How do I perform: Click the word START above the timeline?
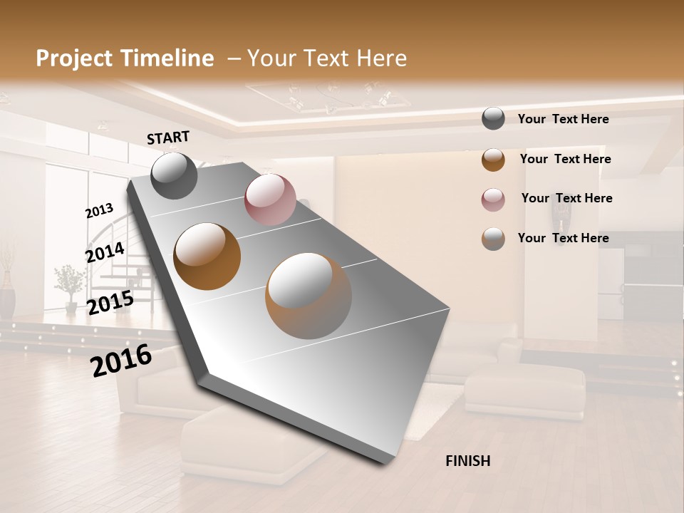pyautogui.click(x=168, y=138)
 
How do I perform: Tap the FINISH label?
pyautogui.click(x=467, y=461)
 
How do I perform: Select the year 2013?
pyautogui.click(x=99, y=211)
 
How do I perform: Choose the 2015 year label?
pyautogui.click(x=110, y=303)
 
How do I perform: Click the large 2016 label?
pyautogui.click(x=121, y=361)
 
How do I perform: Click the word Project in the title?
pyautogui.click(x=75, y=58)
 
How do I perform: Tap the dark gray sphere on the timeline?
pyautogui.click(x=174, y=176)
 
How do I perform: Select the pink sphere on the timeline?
pyautogui.click(x=270, y=199)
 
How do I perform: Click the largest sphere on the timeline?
pyautogui.click(x=309, y=296)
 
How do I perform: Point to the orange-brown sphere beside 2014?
pyautogui.click(x=207, y=256)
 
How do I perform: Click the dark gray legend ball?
pyautogui.click(x=493, y=119)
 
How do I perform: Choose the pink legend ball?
pyautogui.click(x=493, y=199)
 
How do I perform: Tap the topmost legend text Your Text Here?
pyautogui.click(x=563, y=119)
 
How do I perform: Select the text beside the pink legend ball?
pyautogui.click(x=566, y=198)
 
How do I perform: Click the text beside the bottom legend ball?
pyautogui.click(x=563, y=238)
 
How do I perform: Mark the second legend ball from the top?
pyautogui.click(x=493, y=160)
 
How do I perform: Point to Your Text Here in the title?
pyautogui.click(x=327, y=58)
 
